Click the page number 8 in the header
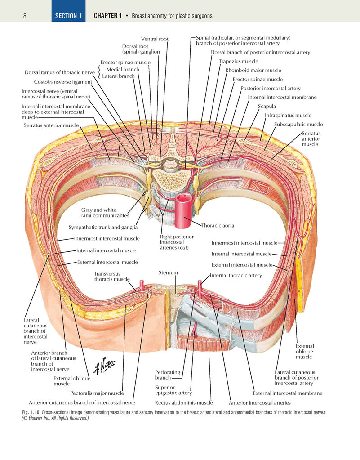(25, 16)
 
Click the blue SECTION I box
(69, 11)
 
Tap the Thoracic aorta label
(218, 226)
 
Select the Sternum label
(168, 272)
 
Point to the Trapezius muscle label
(239, 61)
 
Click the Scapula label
(267, 106)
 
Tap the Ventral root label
(155, 39)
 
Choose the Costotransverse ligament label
(63, 82)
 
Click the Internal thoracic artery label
(236, 276)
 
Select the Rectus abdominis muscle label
(184, 403)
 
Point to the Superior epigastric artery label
(173, 390)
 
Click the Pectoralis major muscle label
(97, 393)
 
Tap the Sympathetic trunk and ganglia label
(103, 227)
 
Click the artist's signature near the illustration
(104, 366)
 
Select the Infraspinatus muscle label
(288, 115)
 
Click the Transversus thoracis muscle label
(112, 277)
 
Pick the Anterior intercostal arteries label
(260, 403)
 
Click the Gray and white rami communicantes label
(105, 213)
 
